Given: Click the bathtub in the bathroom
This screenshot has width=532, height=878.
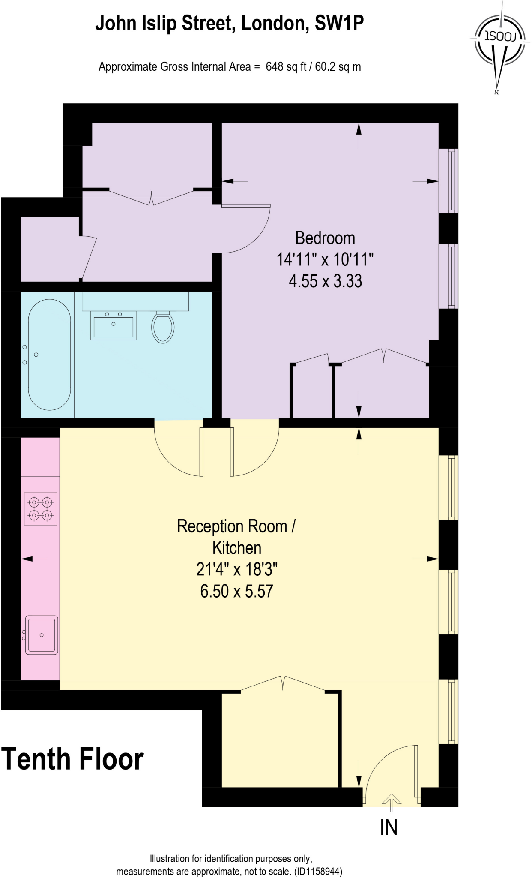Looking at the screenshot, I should point(49,355).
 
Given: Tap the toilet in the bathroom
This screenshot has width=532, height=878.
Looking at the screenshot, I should point(163,327).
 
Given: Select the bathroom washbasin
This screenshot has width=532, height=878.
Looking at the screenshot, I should point(113,326).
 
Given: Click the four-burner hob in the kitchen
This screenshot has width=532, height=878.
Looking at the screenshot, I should point(41,508).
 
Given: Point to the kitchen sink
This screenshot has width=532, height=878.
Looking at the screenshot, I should point(42,635).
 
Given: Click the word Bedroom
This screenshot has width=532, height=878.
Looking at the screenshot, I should point(325,238).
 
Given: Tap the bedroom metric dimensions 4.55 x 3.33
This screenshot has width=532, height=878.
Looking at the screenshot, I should point(325,281).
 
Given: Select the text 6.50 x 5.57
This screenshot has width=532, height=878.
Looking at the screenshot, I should point(236,591).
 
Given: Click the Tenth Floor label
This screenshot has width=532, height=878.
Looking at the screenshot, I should point(73,759).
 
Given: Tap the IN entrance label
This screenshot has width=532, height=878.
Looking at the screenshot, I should point(389,827).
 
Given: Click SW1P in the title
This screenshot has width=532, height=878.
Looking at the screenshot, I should point(339,23).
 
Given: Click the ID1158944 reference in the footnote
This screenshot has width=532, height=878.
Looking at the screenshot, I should point(318,872).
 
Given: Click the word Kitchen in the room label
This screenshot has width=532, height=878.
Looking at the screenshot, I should point(236,548).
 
